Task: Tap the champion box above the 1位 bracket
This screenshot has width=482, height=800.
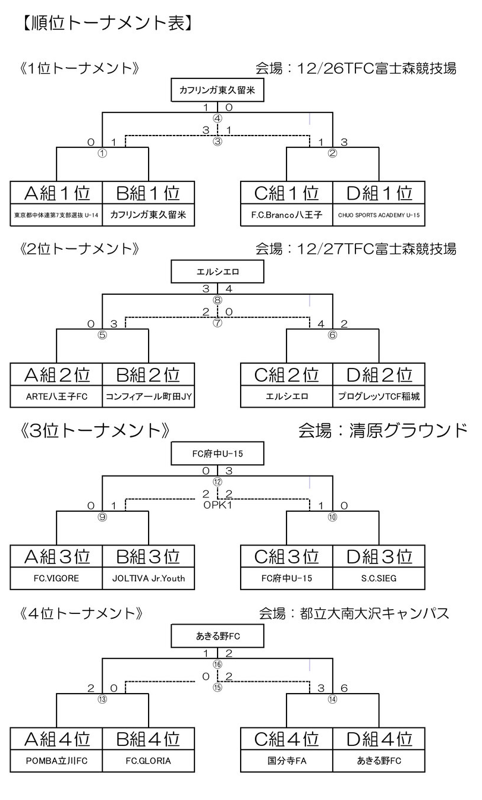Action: coord(217,91)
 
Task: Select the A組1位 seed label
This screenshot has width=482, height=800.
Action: coord(56,193)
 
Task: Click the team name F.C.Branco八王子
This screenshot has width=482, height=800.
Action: coord(286,215)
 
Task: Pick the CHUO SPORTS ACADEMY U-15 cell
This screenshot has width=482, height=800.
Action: coord(378,215)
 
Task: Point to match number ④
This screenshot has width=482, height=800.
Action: coord(218,118)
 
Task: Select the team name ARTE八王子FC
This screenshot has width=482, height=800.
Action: coord(56,396)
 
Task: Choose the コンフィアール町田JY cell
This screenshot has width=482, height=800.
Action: coord(148,396)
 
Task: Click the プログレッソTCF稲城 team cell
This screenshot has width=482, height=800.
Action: coord(378,396)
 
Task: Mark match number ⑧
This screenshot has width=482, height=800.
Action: coord(218,300)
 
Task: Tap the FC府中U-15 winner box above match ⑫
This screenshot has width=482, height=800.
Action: coord(217,455)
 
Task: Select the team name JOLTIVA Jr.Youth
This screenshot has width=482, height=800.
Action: coord(148,578)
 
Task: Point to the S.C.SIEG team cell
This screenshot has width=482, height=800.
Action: coord(378,578)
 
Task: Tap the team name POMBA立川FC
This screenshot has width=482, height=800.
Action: coord(56,760)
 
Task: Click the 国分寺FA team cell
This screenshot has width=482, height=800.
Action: coord(286,760)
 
